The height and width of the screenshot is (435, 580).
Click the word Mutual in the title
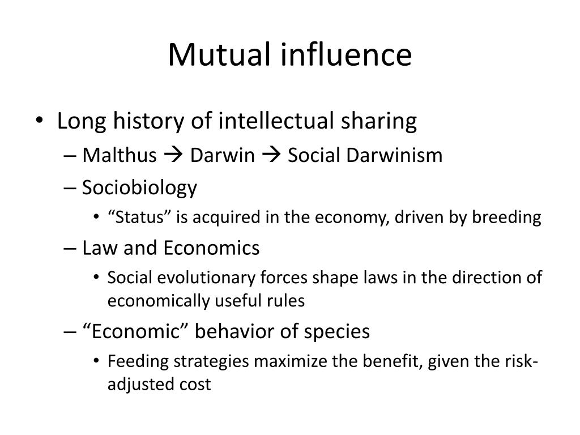[217, 55]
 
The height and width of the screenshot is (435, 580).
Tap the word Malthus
[119, 155]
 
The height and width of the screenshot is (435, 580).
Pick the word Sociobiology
[139, 187]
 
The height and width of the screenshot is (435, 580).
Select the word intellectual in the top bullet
[282, 121]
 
